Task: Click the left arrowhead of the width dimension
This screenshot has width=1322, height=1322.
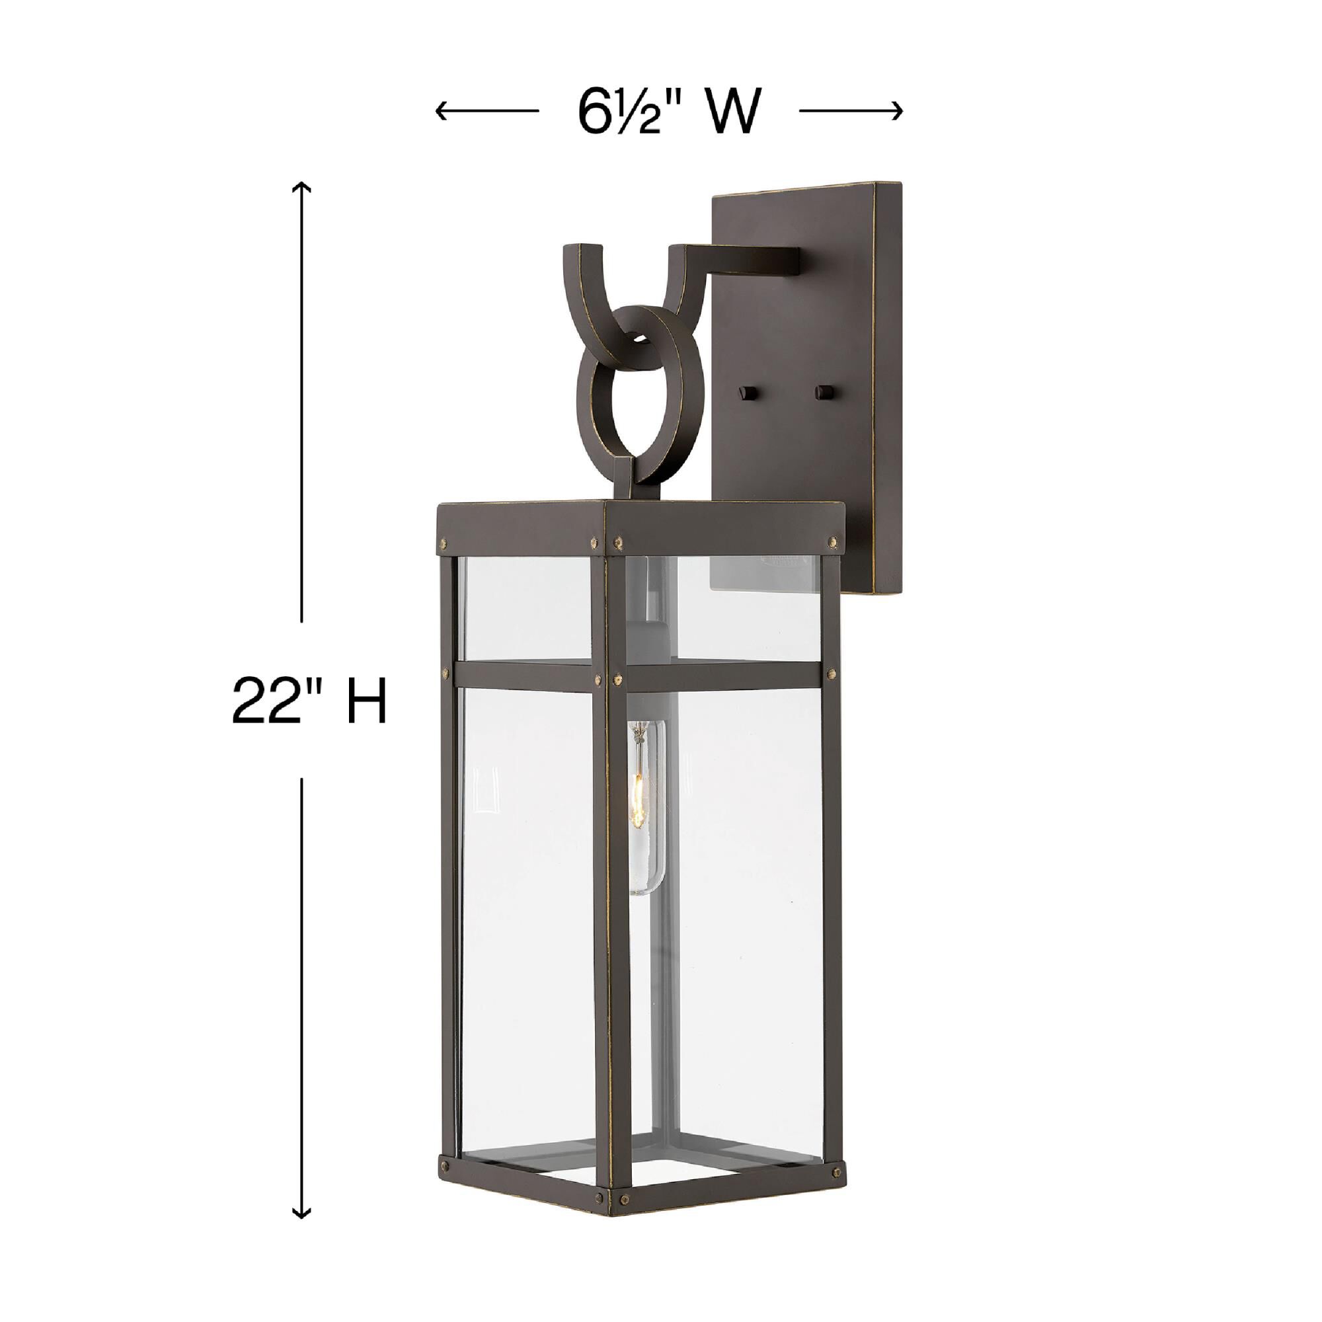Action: (440, 110)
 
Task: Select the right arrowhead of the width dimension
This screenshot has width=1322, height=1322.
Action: (898, 110)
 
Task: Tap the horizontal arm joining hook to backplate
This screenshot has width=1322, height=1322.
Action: (746, 258)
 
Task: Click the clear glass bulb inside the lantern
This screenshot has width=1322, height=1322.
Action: (645, 808)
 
